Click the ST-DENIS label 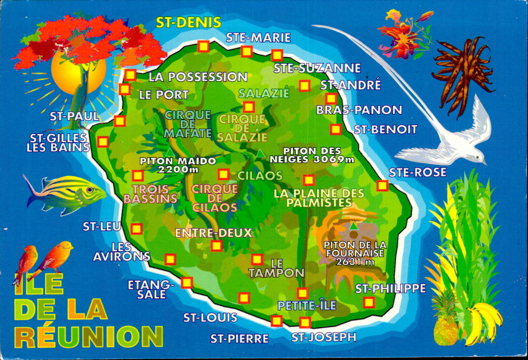(188, 22)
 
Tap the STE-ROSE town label (417, 172)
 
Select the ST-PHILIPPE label (390, 289)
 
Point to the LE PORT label (164, 95)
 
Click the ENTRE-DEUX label (214, 233)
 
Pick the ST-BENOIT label (385, 129)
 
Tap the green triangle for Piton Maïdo (170, 152)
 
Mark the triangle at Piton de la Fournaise (354, 226)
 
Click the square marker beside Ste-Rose (382, 186)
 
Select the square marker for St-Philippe (369, 302)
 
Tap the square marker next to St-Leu (136, 229)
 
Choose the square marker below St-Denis (203, 47)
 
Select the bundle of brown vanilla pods (462, 73)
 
